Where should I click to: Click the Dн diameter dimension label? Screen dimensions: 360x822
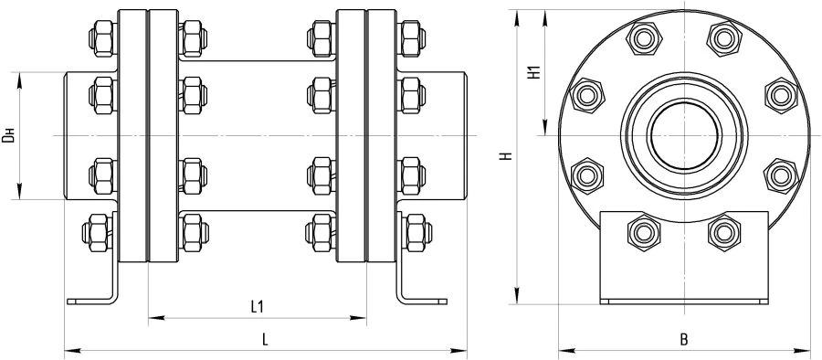(8, 137)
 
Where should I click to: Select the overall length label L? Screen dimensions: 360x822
(264, 338)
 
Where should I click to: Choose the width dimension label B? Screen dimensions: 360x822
(683, 339)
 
